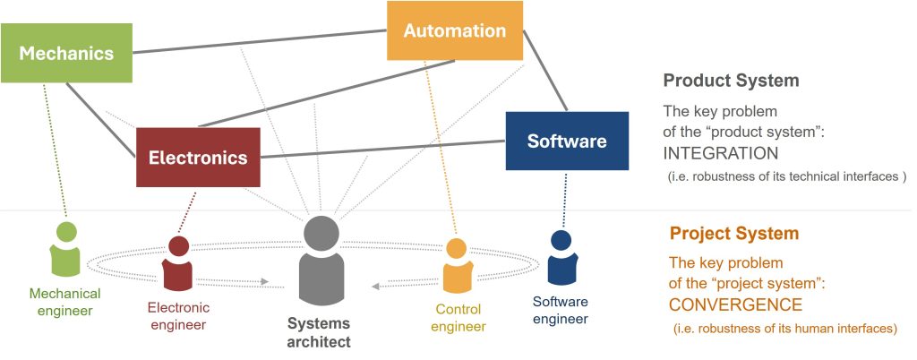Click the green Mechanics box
pyautogui.click(x=66, y=54)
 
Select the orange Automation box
pyautogui.click(x=454, y=30)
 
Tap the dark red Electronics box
pyautogui.click(x=198, y=158)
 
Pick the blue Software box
pyautogui.click(x=566, y=141)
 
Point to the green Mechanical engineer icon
pyautogui.click(x=66, y=250)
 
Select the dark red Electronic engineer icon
pyautogui.click(x=178, y=263)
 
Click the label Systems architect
pyautogui.click(x=319, y=332)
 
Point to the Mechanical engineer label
pyautogui.click(x=64, y=302)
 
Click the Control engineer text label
pyautogui.click(x=458, y=318)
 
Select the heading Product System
pyautogui.click(x=731, y=81)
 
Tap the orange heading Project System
pyautogui.click(x=733, y=235)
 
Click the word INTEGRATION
pyautogui.click(x=715, y=152)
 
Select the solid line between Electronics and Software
pyautogui.click(x=383, y=150)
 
